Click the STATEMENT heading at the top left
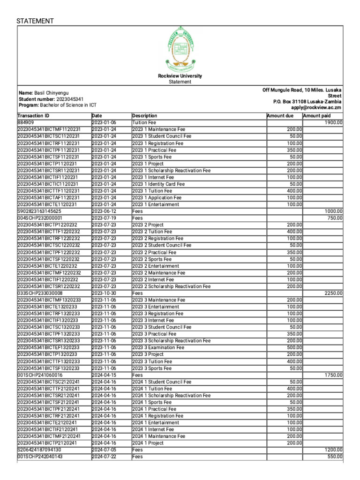tap(35, 21)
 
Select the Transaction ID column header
tap(33, 116)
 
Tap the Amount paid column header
tap(317, 116)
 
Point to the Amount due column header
tap(280, 116)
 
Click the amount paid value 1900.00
tap(334, 123)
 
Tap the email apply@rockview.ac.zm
tap(316, 107)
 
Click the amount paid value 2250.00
tap(334, 293)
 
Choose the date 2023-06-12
tap(104, 211)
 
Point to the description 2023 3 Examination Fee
tap(158, 348)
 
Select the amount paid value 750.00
tap(335, 218)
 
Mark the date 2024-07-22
tap(104, 457)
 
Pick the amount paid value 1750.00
tap(334, 375)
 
